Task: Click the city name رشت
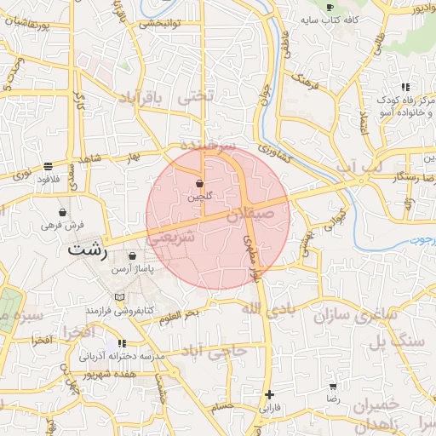tap(87, 251)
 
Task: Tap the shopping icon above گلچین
tap(199, 183)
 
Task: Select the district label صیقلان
tap(250, 217)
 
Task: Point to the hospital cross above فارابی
tap(269, 394)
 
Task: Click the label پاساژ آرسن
tap(155, 269)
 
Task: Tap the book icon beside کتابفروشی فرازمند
tap(119, 296)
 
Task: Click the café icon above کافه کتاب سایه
tap(330, 7)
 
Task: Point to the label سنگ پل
tap(397, 341)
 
